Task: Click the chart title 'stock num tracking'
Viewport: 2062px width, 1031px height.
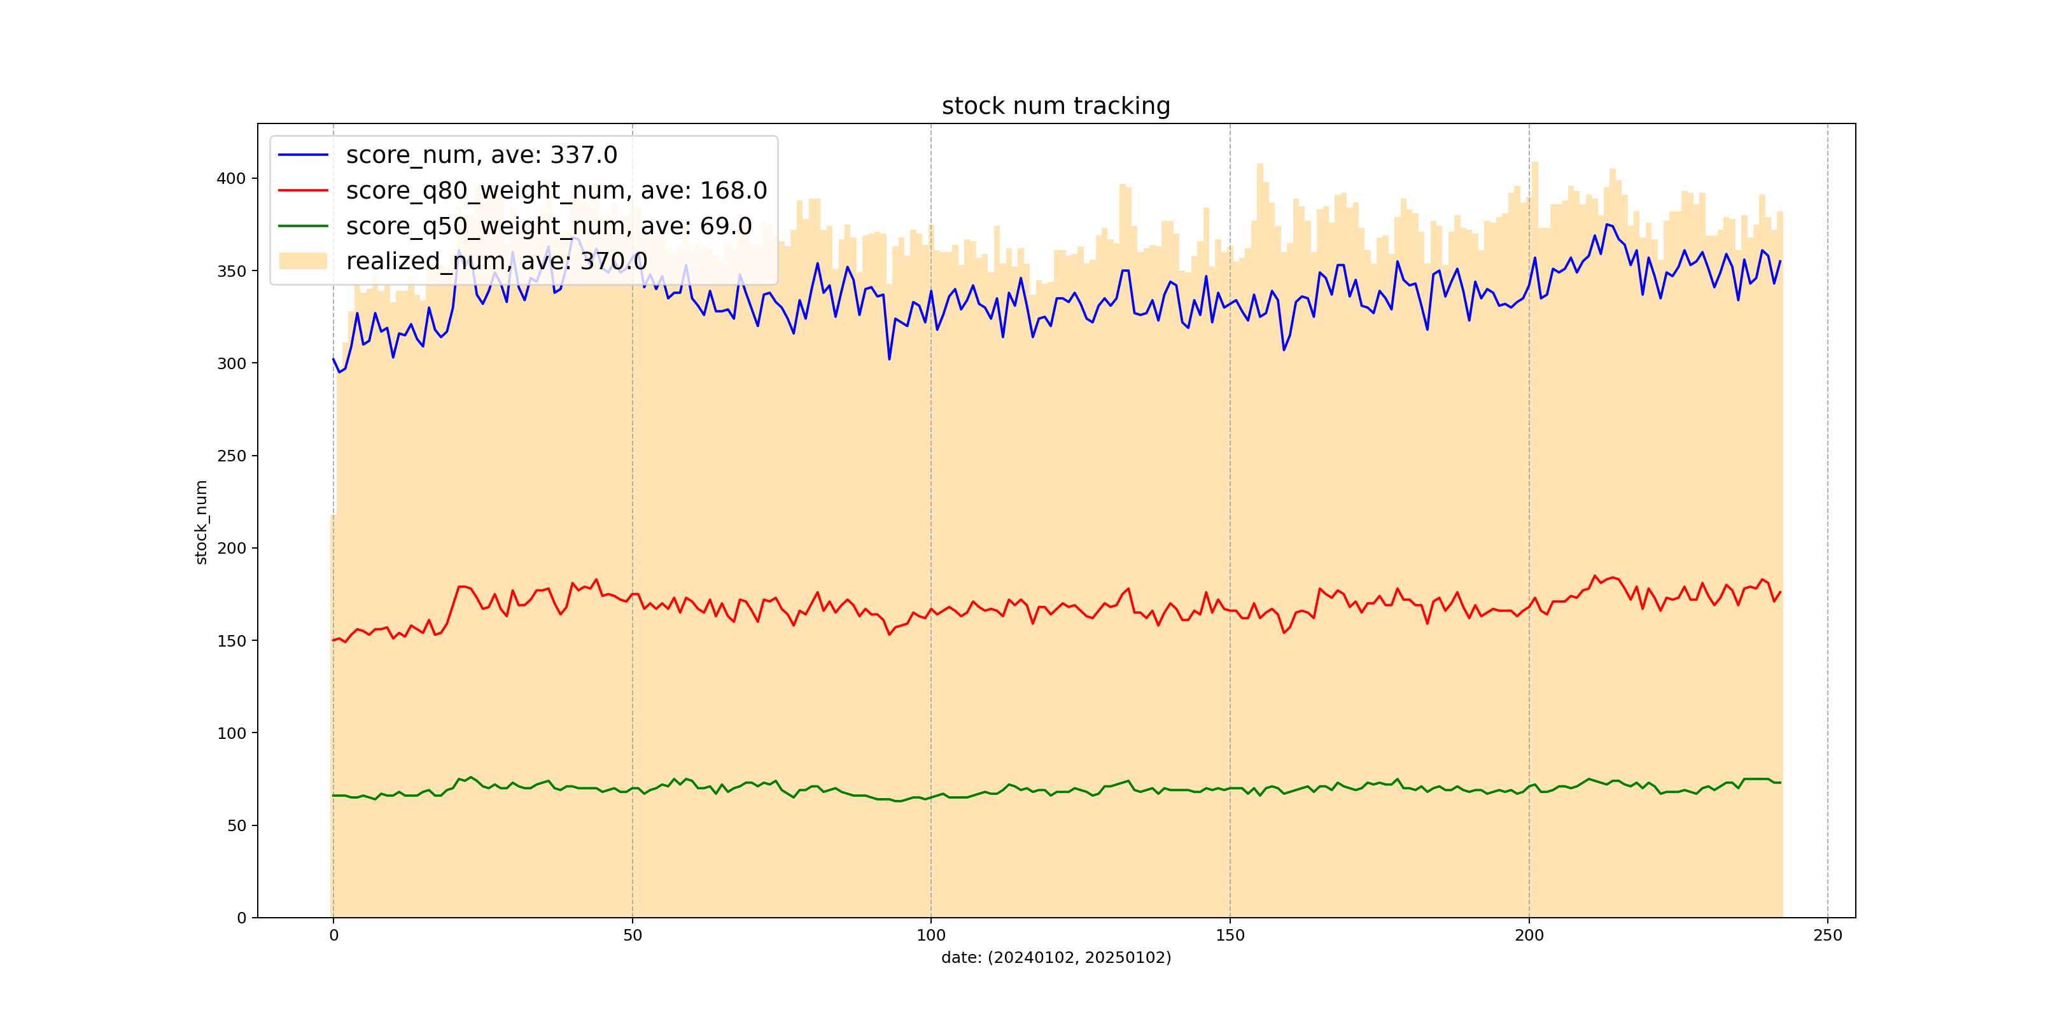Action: pyautogui.click(x=1055, y=106)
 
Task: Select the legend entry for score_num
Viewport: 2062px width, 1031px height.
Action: pyautogui.click(x=481, y=155)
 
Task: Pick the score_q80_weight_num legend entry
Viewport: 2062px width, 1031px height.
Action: pyautogui.click(x=556, y=190)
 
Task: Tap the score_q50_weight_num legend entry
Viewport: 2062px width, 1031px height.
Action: pyautogui.click(x=549, y=227)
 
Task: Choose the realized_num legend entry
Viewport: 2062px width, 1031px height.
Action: pyautogui.click(x=496, y=261)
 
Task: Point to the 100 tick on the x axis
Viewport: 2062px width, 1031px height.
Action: pyautogui.click(x=930, y=936)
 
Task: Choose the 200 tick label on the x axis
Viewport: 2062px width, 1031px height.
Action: pyautogui.click(x=1529, y=936)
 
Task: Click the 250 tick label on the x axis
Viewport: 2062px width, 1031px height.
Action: pyautogui.click(x=1827, y=936)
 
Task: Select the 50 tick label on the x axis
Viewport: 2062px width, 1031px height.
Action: pyautogui.click(x=633, y=936)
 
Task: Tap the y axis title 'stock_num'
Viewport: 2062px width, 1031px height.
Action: pyautogui.click(x=201, y=522)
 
